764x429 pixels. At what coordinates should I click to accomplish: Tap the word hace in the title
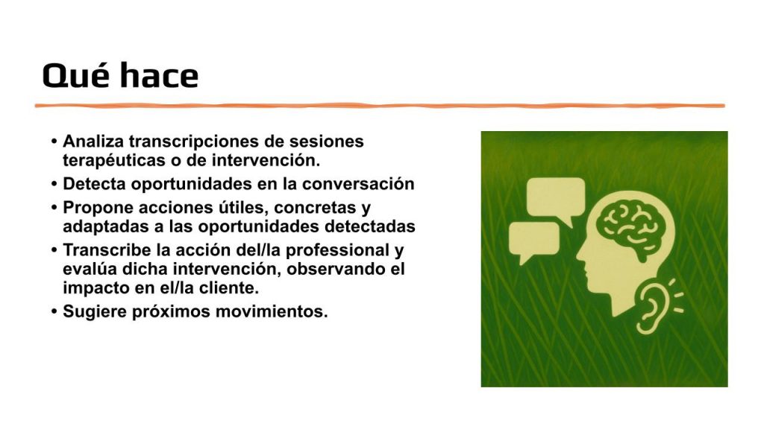(160, 75)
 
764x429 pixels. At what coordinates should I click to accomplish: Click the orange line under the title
(380, 106)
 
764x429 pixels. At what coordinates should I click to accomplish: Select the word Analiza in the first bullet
(93, 142)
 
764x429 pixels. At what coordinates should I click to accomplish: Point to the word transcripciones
(193, 142)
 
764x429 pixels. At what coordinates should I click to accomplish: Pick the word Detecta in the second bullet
(94, 184)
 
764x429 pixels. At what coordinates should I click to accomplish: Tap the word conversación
(358, 184)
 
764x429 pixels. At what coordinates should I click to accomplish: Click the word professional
(338, 251)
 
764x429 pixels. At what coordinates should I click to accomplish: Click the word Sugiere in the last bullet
(95, 312)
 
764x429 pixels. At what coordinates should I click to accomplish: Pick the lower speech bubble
(533, 241)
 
